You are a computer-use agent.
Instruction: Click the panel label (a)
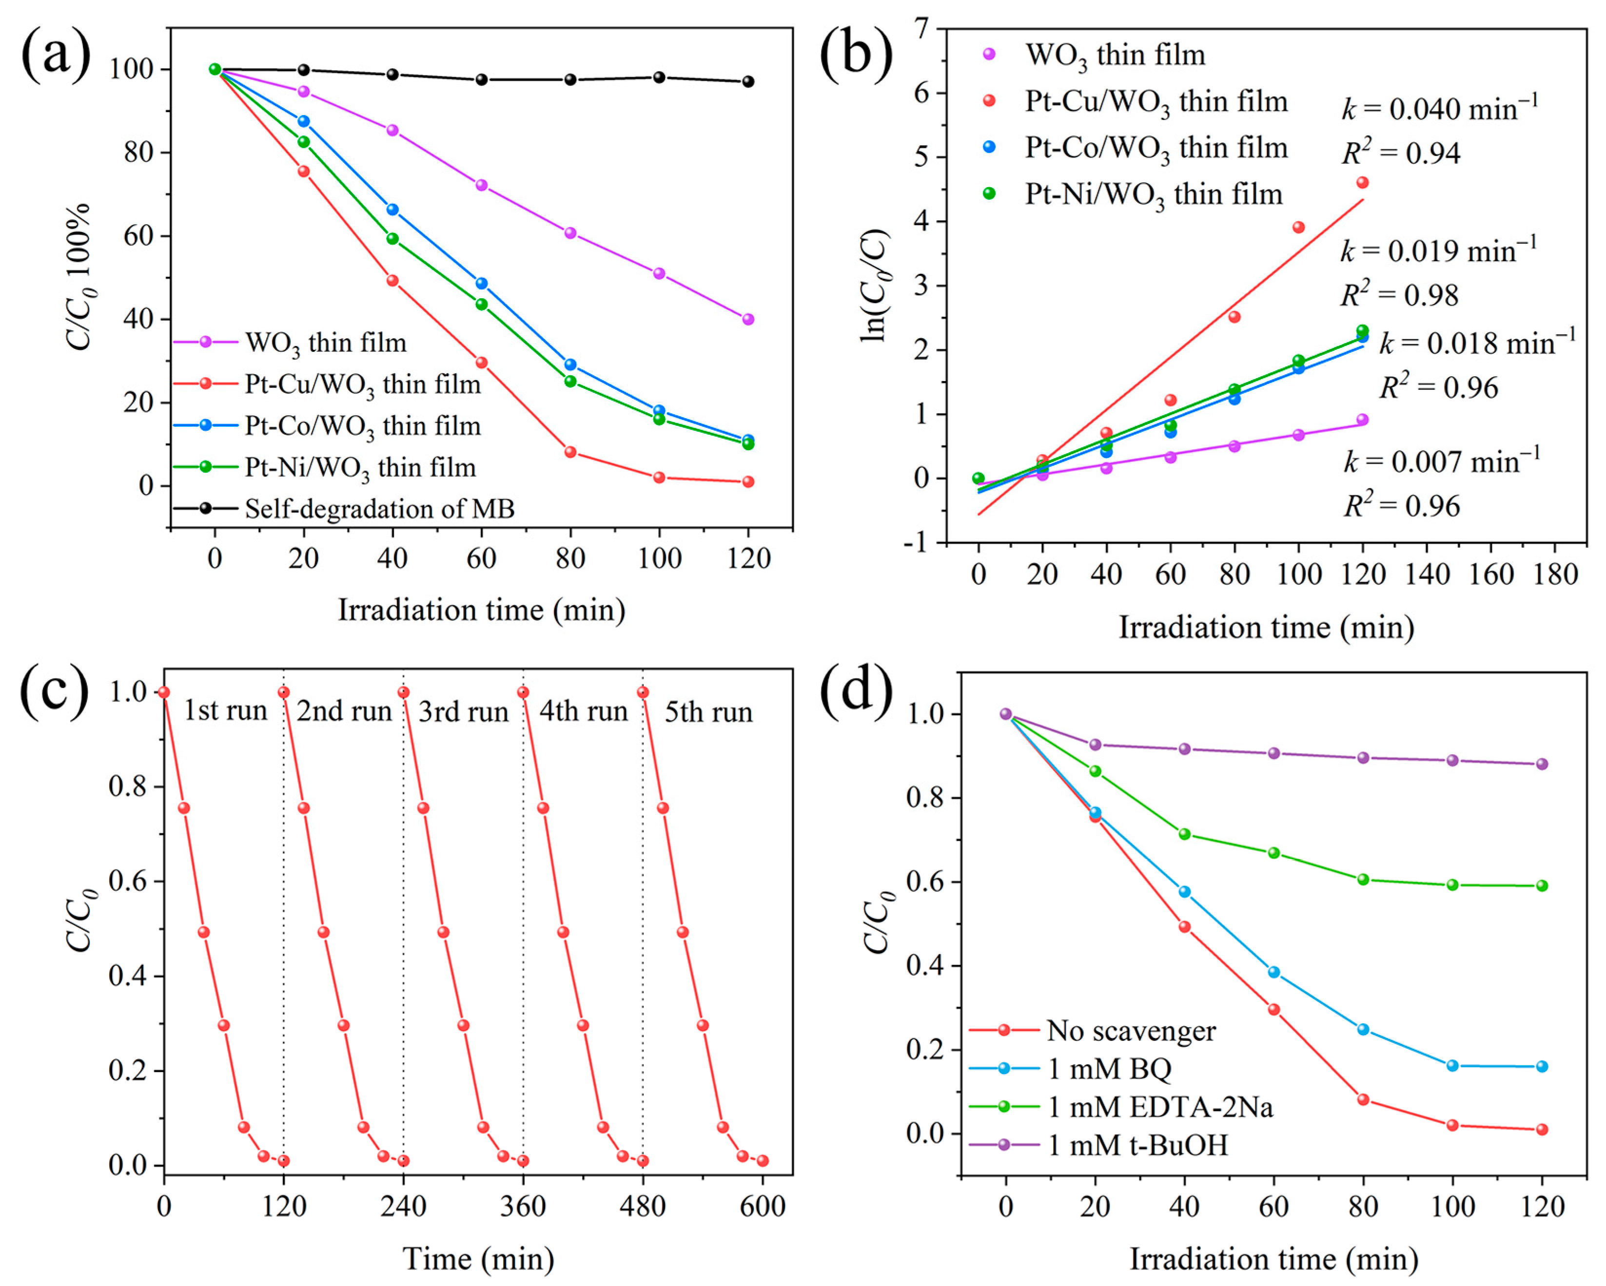point(57,56)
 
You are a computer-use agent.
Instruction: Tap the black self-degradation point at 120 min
point(748,81)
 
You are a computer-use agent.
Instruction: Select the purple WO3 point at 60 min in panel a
point(481,185)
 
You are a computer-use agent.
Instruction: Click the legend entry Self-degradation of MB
point(379,509)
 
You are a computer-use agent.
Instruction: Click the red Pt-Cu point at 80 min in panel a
point(570,452)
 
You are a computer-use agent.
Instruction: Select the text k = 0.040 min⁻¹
point(1439,110)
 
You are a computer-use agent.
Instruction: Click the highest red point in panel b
point(1362,182)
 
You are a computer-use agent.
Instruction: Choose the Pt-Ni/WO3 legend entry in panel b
point(1153,195)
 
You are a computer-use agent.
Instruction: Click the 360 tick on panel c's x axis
point(523,1206)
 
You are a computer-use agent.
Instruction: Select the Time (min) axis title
point(478,1258)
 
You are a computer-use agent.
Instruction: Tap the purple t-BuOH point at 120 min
point(1542,764)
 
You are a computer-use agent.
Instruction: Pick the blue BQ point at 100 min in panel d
point(1452,1066)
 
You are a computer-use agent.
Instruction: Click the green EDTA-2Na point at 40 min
point(1184,834)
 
